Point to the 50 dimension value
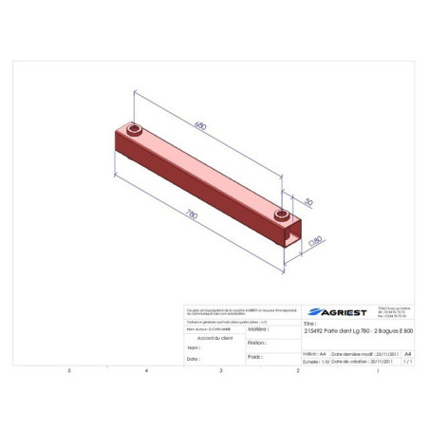[x=308, y=202]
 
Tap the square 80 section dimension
[x=317, y=241]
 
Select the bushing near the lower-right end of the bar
[x=282, y=218]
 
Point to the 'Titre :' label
[x=308, y=322]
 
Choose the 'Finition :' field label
[x=257, y=343]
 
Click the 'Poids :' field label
[x=255, y=357]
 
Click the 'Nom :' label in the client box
[x=193, y=348]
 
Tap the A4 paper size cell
[x=408, y=351]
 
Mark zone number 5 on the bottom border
[x=68, y=371]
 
